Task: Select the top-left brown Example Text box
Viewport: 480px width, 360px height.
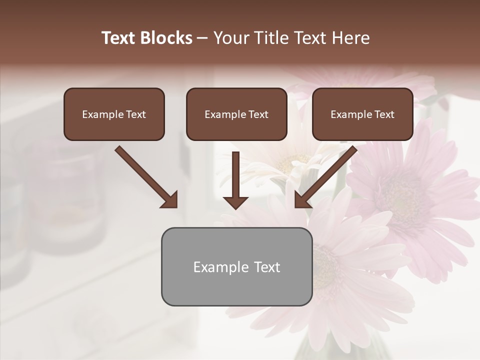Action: (114, 114)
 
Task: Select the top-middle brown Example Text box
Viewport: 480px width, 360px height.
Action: (236, 114)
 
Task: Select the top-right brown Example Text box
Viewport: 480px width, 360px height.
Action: (362, 114)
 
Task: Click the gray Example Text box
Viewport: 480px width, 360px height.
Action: (236, 266)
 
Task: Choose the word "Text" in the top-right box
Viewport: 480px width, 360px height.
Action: (384, 114)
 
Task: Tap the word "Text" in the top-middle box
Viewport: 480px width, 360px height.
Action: (258, 114)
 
